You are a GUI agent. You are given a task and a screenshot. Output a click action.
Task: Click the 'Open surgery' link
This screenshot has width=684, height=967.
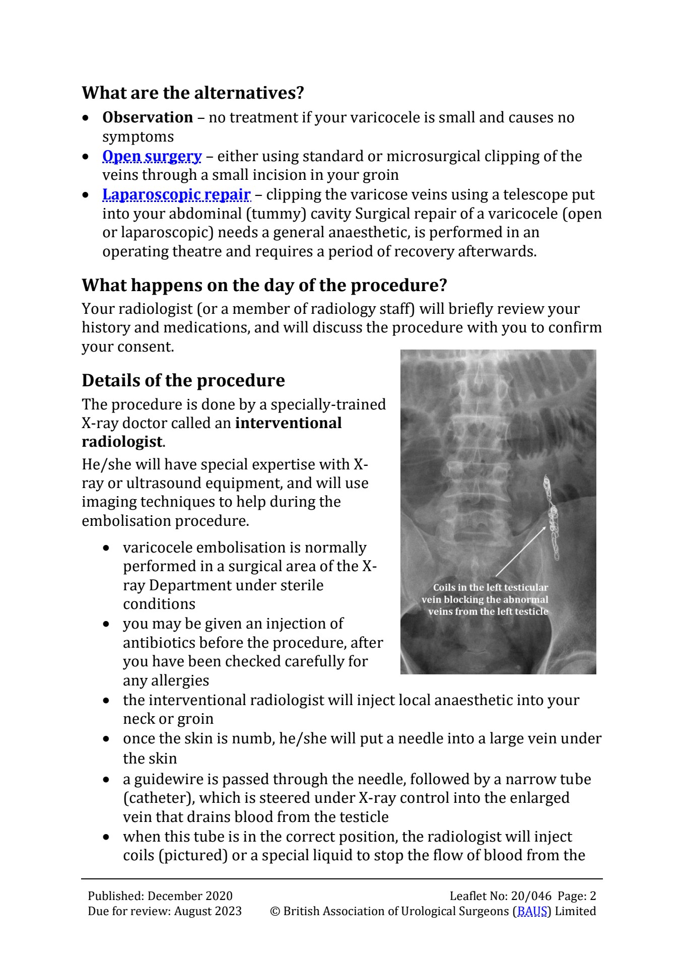tap(152, 157)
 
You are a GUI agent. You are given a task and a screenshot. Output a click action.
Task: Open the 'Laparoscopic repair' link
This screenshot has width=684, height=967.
tap(176, 194)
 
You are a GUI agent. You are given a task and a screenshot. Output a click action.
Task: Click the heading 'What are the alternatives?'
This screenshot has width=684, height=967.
tap(193, 93)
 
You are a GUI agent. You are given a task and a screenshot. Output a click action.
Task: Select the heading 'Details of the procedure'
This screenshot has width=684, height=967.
tap(183, 380)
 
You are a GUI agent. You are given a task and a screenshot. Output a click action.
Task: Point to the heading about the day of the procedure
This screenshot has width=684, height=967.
tap(264, 285)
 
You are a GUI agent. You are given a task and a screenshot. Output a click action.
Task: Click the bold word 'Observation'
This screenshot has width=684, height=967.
tap(148, 117)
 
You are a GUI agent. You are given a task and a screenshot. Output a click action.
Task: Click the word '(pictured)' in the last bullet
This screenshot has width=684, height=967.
tap(192, 856)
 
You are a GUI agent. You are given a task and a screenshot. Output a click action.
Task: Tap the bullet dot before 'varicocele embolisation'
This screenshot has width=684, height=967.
tap(106, 548)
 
